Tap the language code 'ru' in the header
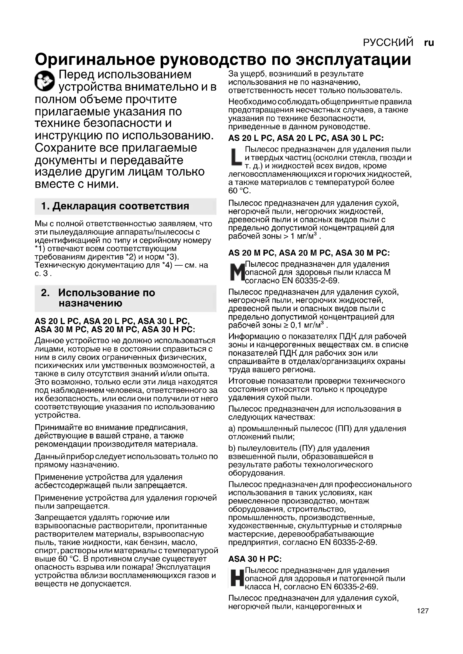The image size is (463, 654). click(429, 43)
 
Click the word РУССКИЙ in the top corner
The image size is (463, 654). click(388, 43)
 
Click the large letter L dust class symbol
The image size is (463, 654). click(236, 157)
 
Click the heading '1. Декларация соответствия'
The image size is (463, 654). click(115, 206)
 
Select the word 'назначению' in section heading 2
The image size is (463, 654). click(90, 303)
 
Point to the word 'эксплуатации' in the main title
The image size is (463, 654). click(354, 60)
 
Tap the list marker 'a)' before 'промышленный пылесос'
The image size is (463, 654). click(232, 428)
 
